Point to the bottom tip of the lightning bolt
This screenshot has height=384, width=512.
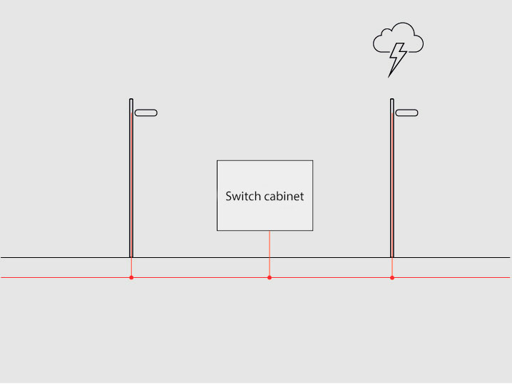[389, 76]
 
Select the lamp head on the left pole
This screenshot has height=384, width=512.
[145, 113]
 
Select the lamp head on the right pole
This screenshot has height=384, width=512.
[406, 113]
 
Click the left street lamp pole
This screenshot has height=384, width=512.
[131, 178]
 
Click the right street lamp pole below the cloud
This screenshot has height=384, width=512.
[392, 178]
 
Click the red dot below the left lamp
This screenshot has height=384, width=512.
[131, 277]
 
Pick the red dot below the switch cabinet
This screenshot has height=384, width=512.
[270, 277]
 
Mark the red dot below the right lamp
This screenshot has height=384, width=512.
[392, 277]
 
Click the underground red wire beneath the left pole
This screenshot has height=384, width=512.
[131, 267]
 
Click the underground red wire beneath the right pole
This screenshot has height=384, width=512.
[392, 267]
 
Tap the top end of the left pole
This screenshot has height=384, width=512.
[131, 100]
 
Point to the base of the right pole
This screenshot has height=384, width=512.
[392, 255]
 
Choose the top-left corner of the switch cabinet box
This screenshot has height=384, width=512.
[217, 161]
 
